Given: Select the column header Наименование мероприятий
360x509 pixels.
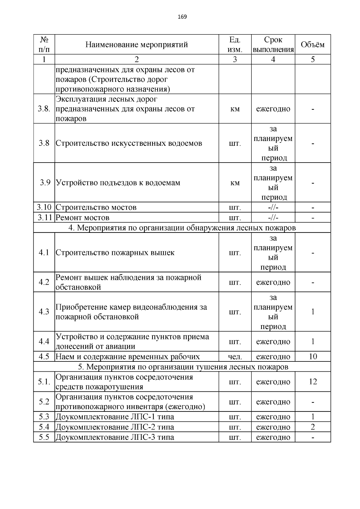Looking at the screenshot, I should [136, 45].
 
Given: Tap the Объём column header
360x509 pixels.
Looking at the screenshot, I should [313, 45].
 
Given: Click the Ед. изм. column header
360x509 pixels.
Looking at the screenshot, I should [235, 44].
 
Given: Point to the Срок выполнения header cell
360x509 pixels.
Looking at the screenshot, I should [273, 44].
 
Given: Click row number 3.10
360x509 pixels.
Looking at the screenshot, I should [44, 207].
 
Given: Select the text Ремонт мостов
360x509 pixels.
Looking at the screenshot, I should [82, 217].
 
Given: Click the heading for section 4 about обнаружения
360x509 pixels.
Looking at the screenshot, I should [182, 228].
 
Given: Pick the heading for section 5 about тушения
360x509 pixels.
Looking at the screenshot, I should [183, 367].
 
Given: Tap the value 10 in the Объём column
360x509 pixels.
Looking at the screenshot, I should [313, 357].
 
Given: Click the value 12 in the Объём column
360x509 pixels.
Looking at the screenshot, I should [313, 382].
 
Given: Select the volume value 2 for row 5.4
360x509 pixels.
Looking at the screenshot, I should [313, 427].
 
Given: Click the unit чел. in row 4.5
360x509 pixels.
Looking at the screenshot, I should [235, 357].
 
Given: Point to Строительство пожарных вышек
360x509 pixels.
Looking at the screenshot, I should [115, 253].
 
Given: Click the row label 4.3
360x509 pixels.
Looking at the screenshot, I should [44, 312].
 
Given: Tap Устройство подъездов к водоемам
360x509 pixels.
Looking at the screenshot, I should [118, 183].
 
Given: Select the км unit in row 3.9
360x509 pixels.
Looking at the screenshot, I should [235, 183].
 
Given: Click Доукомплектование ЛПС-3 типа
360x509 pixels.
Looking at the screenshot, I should [115, 437].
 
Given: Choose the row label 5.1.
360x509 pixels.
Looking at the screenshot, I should [44, 382].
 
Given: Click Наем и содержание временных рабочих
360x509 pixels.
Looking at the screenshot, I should [128, 357].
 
